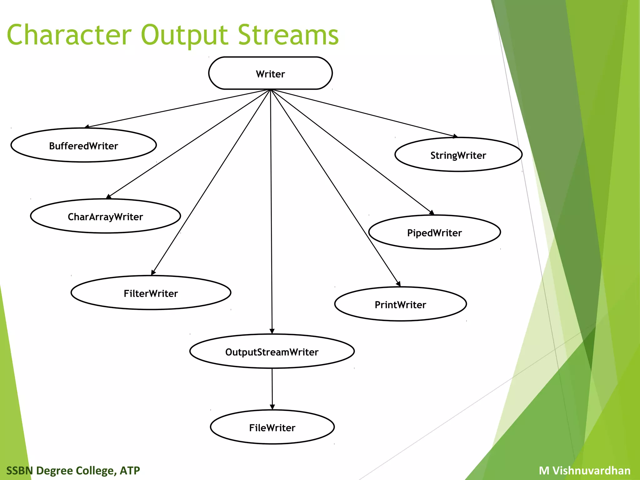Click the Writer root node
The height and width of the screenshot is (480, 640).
(270, 73)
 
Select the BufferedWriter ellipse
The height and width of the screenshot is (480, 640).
(83, 145)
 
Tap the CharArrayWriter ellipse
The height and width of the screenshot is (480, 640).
(105, 216)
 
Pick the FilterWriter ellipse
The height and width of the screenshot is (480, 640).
(151, 293)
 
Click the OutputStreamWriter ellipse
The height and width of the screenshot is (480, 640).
(272, 352)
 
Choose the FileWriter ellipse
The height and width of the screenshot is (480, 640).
(272, 427)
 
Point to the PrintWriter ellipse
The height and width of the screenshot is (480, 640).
(400, 304)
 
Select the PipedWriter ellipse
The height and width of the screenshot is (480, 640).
(434, 232)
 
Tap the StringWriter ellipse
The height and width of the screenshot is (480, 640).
(458, 155)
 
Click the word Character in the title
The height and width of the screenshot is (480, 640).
(69, 35)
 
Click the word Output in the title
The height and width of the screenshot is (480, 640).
(184, 35)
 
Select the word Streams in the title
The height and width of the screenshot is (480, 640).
(288, 35)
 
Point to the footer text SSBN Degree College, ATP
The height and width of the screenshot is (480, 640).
(73, 470)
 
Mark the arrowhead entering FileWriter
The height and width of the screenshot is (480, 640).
(272, 407)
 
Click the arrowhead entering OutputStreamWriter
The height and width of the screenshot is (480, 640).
(272, 331)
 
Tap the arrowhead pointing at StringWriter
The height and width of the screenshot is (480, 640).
(455, 136)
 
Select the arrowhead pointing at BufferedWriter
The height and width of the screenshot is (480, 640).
(87, 127)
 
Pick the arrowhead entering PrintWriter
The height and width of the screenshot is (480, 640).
(398, 284)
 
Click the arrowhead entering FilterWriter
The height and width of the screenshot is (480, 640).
(153, 273)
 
